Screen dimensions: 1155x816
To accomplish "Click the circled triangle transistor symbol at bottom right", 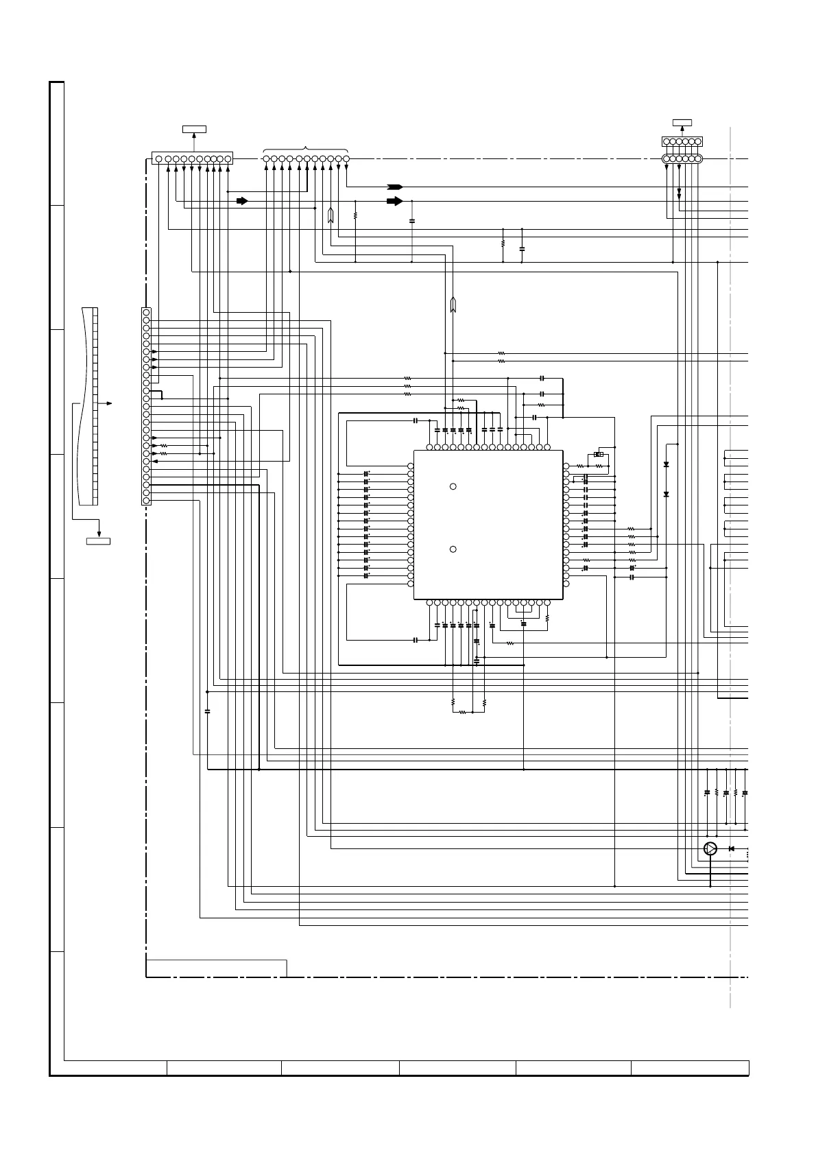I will (710, 849).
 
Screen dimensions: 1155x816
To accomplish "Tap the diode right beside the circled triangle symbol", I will (732, 849).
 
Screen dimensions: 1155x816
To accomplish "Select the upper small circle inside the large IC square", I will (453, 486).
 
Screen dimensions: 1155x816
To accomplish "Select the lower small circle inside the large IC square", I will (453, 549).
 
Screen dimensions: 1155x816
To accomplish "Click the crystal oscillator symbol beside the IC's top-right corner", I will (599, 454).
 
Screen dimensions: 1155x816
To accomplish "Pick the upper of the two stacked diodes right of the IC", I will (667, 465).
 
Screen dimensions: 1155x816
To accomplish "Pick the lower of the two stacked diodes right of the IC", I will (667, 494).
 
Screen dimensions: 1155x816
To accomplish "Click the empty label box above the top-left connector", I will (195, 129).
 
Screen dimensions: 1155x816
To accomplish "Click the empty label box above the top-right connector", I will (682, 123).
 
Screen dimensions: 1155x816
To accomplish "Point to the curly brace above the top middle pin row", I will (305, 150).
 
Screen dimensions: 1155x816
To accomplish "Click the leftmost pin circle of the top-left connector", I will (159, 159).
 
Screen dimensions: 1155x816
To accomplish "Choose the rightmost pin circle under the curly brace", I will (346, 159).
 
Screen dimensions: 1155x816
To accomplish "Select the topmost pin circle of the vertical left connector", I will (146, 312).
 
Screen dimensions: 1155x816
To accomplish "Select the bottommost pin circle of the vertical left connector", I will (146, 501).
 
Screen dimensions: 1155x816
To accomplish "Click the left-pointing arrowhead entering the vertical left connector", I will (154, 462).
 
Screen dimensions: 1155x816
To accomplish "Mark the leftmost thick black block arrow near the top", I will (241, 201).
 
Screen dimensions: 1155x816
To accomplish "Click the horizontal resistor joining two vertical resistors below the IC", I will (463, 713).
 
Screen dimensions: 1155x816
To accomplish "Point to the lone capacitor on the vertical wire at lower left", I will (207, 711).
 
